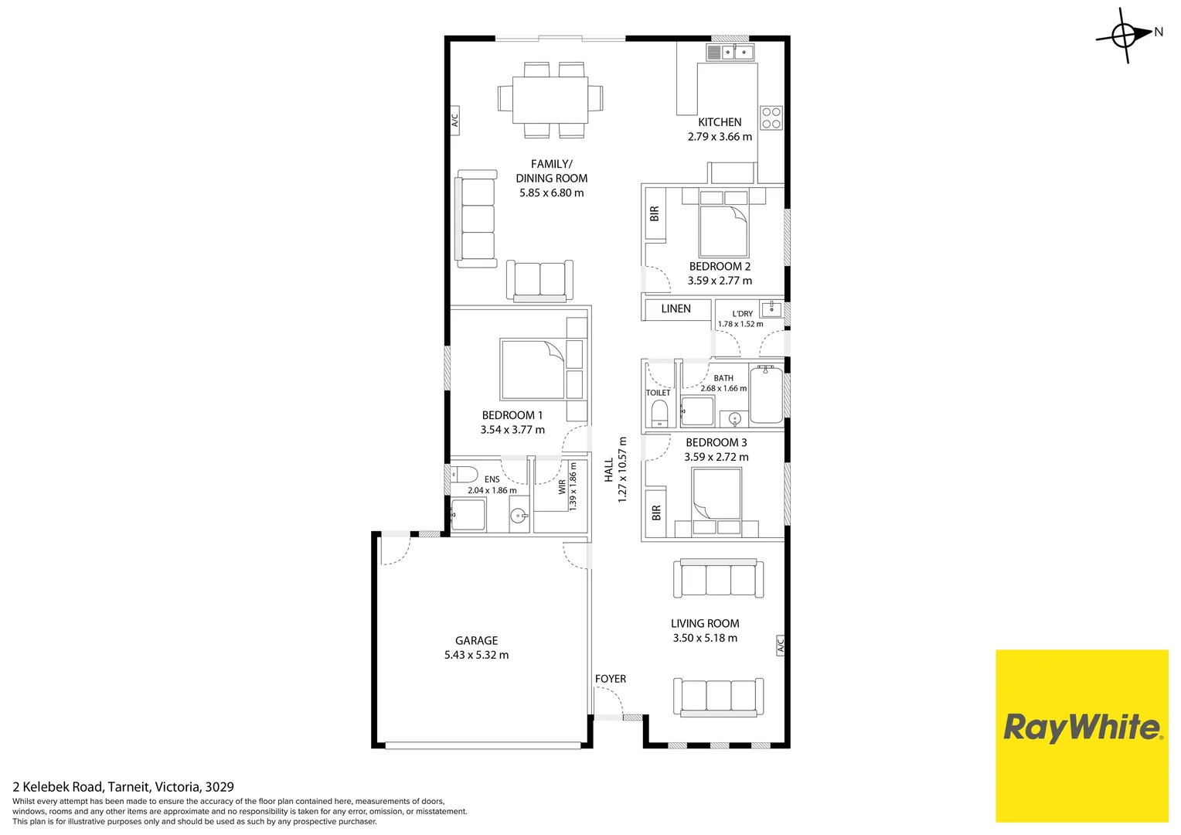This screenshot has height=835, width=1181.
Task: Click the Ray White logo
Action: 1082,736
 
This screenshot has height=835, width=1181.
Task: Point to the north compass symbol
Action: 1128,35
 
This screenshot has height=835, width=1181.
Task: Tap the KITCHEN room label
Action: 720,122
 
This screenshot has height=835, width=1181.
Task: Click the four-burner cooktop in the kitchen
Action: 771,118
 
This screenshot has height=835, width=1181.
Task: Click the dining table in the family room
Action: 550,100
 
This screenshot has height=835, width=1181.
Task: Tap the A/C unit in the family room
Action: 454,121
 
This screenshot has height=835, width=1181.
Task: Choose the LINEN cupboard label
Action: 676,308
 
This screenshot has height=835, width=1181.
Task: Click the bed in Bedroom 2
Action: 723,223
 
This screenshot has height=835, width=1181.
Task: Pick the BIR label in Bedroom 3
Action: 656,512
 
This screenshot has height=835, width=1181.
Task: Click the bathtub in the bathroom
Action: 766,394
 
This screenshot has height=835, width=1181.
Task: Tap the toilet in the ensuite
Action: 464,474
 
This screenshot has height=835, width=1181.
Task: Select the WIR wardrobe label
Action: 562,487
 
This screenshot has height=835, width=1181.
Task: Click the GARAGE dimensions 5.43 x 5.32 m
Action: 476,655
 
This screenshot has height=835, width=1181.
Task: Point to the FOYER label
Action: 611,679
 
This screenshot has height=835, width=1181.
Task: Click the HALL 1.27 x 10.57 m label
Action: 616,469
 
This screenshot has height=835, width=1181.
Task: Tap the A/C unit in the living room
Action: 781,645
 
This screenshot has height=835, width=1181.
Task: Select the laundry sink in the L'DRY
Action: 771,308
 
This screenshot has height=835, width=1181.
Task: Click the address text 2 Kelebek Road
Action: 57,787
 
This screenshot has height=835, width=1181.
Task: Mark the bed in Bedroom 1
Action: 533,369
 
